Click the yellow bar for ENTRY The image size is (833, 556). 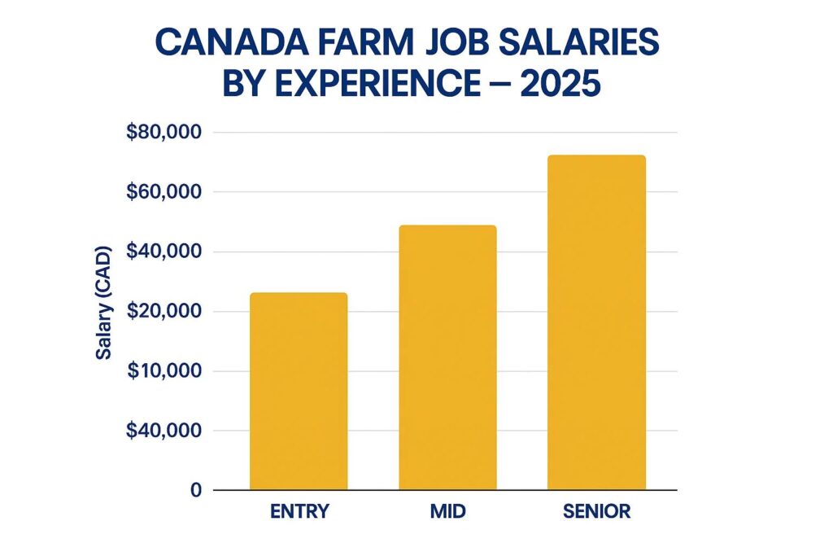click(x=298, y=391)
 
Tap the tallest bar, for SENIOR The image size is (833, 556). click(x=595, y=322)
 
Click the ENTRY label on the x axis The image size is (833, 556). click(x=299, y=512)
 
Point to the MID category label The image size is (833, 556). click(x=447, y=512)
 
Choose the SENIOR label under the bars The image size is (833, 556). click(x=595, y=512)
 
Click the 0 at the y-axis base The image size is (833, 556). click(x=196, y=490)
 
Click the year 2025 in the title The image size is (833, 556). click(x=556, y=85)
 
